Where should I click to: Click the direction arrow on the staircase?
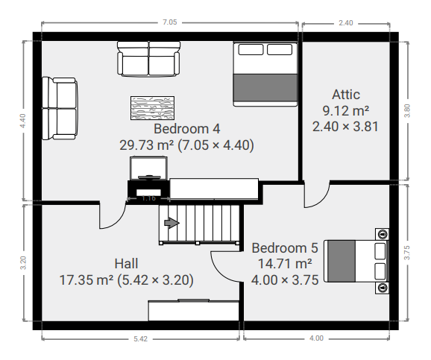pyautogui.click(x=172, y=222)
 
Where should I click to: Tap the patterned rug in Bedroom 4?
pyautogui.click(x=153, y=108)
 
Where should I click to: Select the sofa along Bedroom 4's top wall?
pyautogui.click(x=148, y=59)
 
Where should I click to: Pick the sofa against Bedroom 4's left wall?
pyautogui.click(x=60, y=107)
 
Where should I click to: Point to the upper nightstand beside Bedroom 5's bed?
pyautogui.click(x=383, y=233)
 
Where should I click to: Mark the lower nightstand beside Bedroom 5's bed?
pyautogui.click(x=383, y=287)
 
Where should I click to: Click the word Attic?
pyautogui.click(x=346, y=95)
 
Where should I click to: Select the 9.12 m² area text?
pyautogui.click(x=346, y=110)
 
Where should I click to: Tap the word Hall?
pyautogui.click(x=126, y=264)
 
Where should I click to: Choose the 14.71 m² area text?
pyautogui.click(x=284, y=264)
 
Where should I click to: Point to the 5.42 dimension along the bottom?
pyautogui.click(x=140, y=339)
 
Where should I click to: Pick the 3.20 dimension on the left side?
pyautogui.click(x=23, y=262)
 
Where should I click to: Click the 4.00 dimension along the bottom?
pyautogui.click(x=316, y=339)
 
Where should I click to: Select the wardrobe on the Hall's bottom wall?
pyautogui.click(x=193, y=310)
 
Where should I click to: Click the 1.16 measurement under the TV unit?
pyautogui.click(x=149, y=198)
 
